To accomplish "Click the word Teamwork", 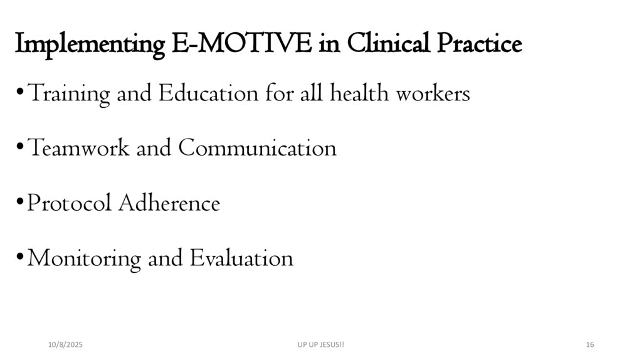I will pyautogui.click(x=79, y=149).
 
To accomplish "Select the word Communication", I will pyautogui.click(x=257, y=149).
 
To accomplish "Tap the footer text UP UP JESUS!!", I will pyautogui.click(x=320, y=345).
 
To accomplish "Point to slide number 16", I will pyautogui.click(x=589, y=345).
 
